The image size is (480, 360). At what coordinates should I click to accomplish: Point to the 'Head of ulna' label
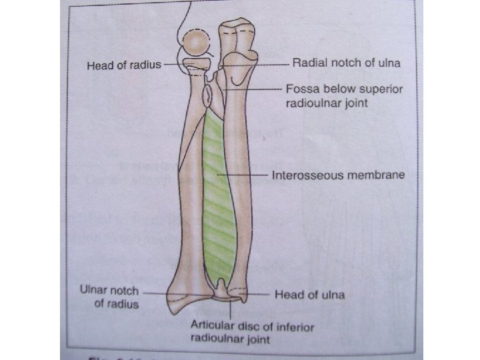tap(309, 294)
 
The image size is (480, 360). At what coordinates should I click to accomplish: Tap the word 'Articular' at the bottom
tap(213, 327)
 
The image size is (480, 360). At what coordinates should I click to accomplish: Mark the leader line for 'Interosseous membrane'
tap(247, 176)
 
